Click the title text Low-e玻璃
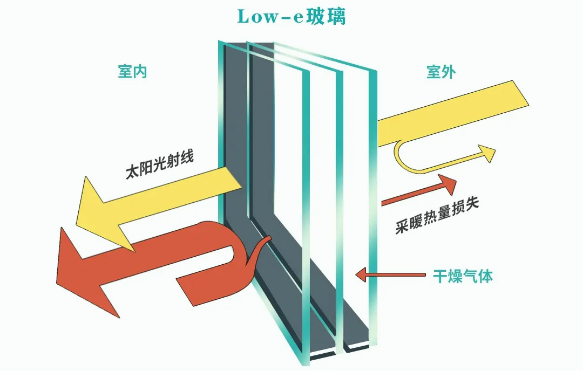tap(291, 16)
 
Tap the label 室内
tap(132, 72)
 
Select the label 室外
tap(441, 72)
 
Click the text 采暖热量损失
tap(437, 215)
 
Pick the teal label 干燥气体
tap(463, 276)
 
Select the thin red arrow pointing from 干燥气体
tap(390, 275)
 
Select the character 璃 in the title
tap(336, 17)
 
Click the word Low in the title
tap(256, 17)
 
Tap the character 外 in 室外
tap(449, 72)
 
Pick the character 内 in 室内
tap(140, 72)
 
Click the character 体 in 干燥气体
tap(486, 276)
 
